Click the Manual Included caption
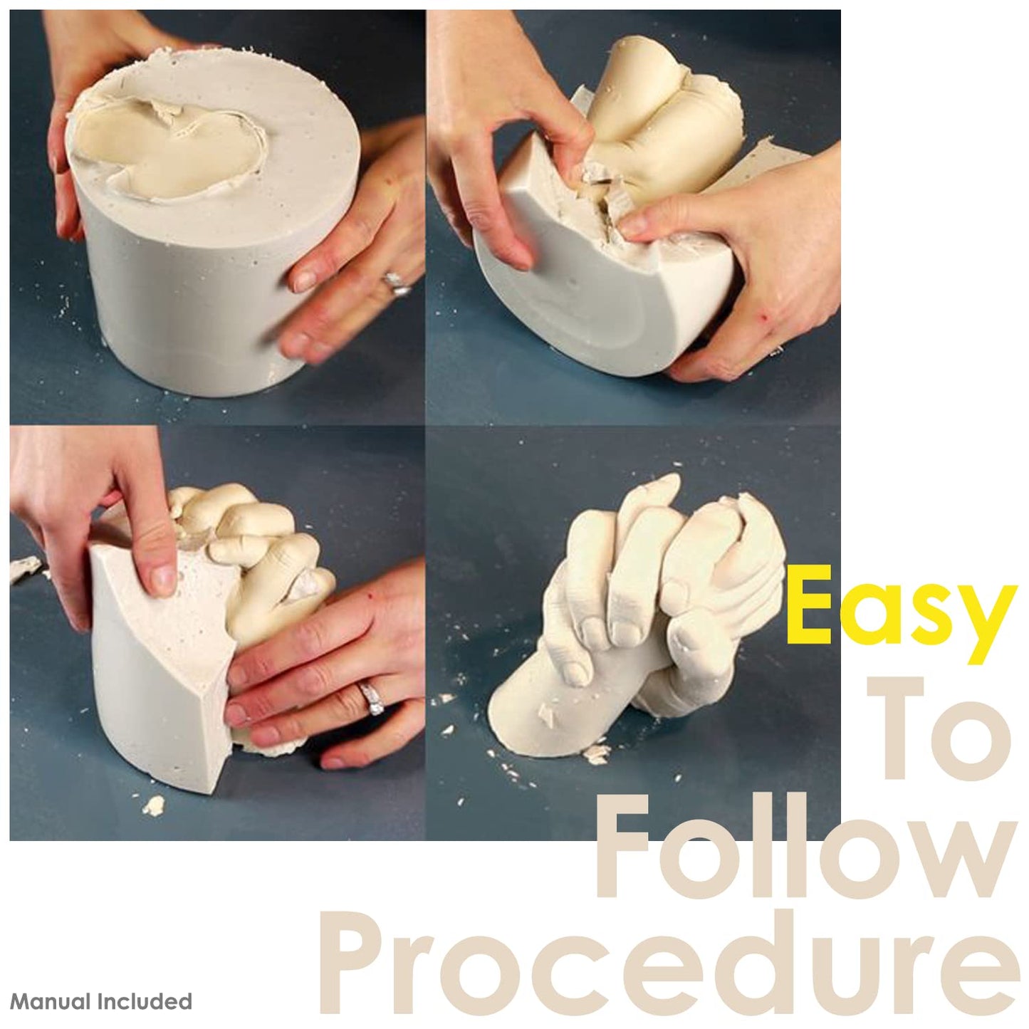click(101, 1002)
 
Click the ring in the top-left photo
click(396, 282)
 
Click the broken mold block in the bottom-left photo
click(157, 662)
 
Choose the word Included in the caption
click(142, 1002)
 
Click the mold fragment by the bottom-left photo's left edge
click(26, 568)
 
